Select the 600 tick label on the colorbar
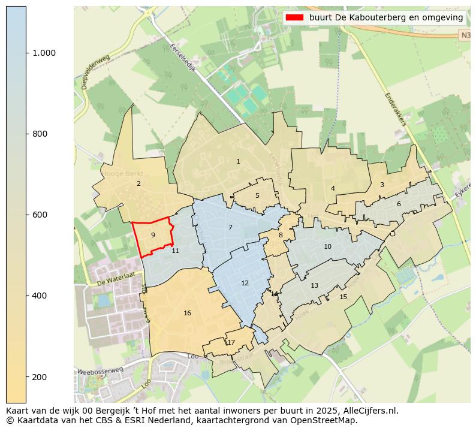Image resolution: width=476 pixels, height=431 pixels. point(40,215)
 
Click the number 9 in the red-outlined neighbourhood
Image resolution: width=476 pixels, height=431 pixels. point(153,235)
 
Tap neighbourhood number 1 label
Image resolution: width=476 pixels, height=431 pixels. point(238,161)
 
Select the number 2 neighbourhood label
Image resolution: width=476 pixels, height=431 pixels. point(138,183)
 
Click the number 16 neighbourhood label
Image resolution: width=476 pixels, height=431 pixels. point(188,313)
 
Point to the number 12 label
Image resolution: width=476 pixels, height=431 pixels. point(245,283)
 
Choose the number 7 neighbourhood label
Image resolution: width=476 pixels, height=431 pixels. point(230,227)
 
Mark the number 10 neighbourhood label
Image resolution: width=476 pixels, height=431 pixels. point(327,246)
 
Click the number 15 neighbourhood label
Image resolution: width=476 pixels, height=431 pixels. point(343,297)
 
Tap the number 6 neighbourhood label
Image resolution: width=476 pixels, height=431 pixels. point(399,204)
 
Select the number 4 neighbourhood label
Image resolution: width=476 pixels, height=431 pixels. point(333,188)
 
